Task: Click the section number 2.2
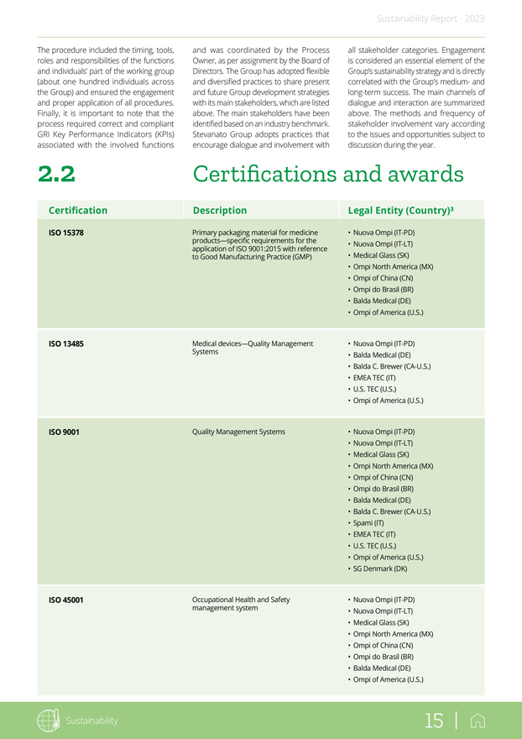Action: [56, 174]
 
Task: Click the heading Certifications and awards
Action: [328, 174]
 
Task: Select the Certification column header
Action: [78, 211]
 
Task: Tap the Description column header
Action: [220, 211]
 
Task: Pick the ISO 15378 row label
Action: [66, 233]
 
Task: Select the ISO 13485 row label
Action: [66, 343]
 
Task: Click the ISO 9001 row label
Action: [64, 432]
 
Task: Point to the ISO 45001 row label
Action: [66, 600]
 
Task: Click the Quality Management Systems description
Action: [238, 432]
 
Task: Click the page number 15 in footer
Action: [434, 721]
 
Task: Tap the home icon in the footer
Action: [478, 721]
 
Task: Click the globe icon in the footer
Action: [49, 721]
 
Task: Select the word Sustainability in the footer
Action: [92, 721]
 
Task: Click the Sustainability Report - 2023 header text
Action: [431, 18]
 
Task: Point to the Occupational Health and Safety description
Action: [241, 604]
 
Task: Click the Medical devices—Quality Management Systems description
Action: [253, 348]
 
